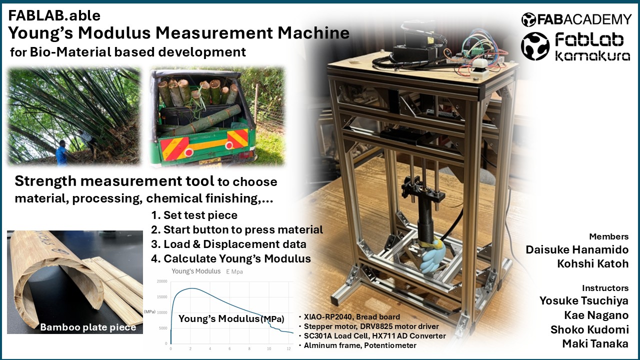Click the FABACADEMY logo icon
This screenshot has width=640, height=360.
point(528,19)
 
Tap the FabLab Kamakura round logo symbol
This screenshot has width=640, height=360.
point(535,46)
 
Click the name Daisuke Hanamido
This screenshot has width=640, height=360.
point(577,249)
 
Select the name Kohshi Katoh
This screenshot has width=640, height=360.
point(593,263)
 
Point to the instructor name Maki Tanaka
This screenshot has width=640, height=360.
point(595,343)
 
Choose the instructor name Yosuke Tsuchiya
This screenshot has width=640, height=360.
point(583,301)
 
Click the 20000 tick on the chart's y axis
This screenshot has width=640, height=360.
point(162,281)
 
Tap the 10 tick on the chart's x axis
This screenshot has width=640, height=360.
point(269,348)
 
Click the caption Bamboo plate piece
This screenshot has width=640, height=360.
point(88,327)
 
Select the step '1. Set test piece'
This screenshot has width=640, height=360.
point(194,215)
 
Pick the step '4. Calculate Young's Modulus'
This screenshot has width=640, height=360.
point(231,258)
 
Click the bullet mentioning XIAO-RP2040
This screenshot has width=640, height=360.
point(349,317)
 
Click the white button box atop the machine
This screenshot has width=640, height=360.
point(479,69)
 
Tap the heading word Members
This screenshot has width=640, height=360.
point(609,236)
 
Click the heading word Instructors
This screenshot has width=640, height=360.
point(605,288)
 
